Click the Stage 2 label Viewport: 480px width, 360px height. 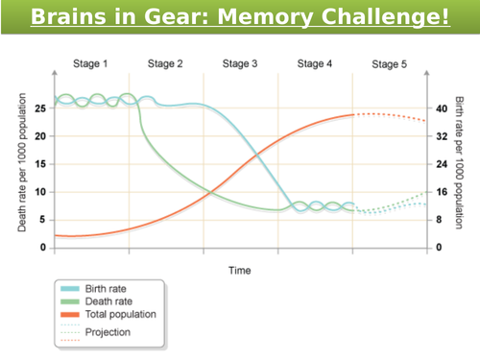coord(165,64)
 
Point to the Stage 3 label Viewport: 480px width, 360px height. coord(240,64)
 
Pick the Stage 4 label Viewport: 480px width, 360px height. coord(315,64)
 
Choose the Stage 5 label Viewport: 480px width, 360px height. coord(390,64)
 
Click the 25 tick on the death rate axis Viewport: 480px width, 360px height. coord(40,108)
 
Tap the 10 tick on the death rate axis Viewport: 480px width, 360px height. coord(40,192)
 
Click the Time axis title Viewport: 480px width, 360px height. coord(239,271)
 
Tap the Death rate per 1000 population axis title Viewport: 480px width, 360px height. coord(22,170)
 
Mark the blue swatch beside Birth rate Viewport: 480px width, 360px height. coord(71,288)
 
